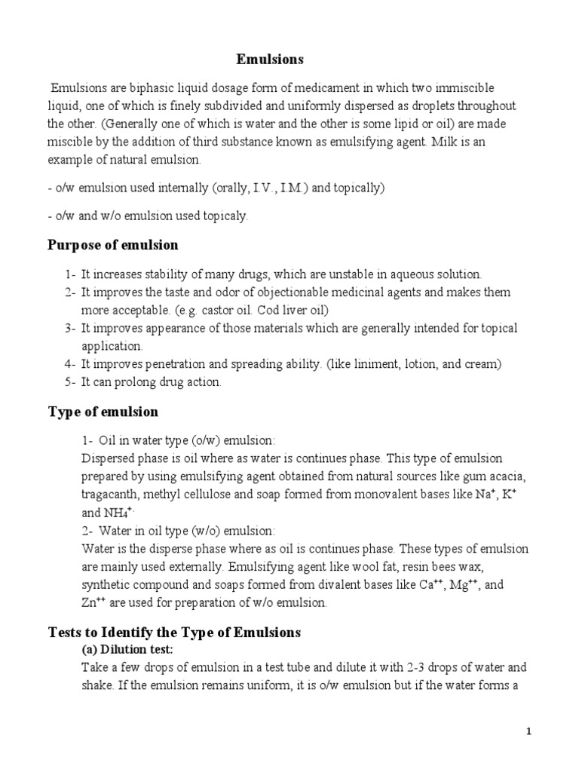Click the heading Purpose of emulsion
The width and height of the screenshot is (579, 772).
113,245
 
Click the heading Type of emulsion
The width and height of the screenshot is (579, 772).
103,412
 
